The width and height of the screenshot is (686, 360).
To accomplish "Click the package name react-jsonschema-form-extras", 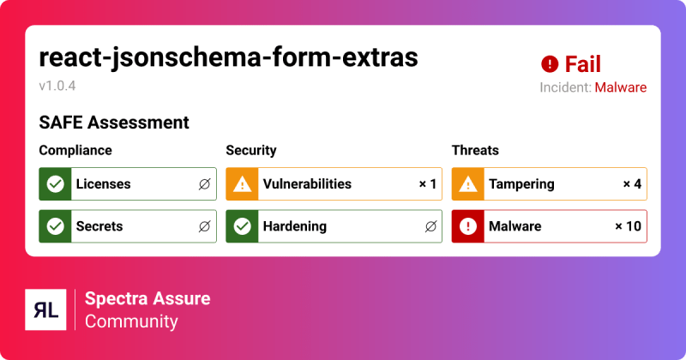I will pos(228,57).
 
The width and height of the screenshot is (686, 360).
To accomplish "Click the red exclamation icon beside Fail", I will pos(550,64).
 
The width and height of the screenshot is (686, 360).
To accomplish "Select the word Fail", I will pos(583,64).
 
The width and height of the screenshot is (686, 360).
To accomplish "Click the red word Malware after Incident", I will pos(620,87).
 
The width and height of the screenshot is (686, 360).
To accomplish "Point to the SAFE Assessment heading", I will pos(114,123).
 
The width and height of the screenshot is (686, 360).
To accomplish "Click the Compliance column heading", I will pos(75,150).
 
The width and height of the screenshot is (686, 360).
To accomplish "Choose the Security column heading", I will pos(251,150).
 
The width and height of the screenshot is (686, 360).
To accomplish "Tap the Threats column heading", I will pos(475,150).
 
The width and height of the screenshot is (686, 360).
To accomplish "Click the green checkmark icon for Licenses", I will pos(56,183).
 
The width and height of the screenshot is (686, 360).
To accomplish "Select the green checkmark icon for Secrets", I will pos(56,226).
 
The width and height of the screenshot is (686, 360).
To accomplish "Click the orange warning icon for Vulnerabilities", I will pos(243,183).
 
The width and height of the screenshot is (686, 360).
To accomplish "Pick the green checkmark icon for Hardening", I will pos(243,226).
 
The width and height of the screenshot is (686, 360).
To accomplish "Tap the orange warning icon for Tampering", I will pos(468,183).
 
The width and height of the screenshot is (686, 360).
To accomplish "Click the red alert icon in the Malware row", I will pos(468,226).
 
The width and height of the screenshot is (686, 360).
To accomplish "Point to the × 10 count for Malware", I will pos(628,226).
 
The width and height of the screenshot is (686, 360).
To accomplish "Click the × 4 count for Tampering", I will pos(632,183).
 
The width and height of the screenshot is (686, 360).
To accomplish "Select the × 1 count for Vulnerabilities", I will pos(428,183).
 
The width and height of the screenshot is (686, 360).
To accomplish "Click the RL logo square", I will pos(46,309).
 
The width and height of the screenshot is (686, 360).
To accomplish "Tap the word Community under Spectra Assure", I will pos(131,321).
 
